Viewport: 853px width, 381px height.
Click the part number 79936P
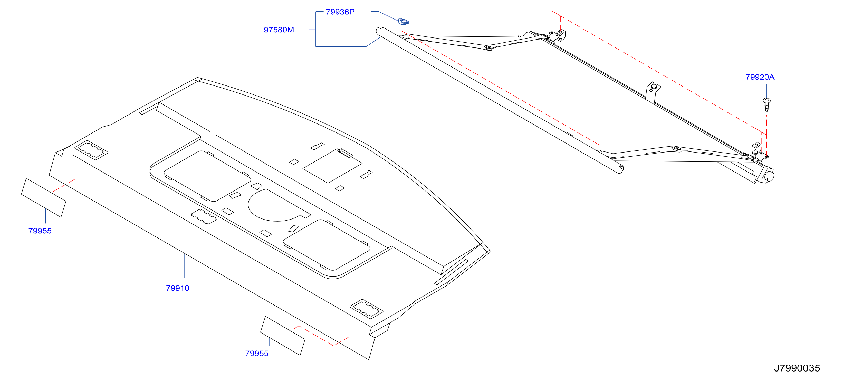340,12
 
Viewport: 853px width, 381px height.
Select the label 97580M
279,30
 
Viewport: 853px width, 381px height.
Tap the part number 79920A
760,77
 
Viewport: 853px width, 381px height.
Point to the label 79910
177,288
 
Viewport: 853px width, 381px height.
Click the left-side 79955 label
40,231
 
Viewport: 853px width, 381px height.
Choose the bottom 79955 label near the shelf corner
257,354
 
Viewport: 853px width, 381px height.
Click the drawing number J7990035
797,368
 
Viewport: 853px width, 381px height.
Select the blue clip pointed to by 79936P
403,22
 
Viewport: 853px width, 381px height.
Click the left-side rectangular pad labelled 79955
43,198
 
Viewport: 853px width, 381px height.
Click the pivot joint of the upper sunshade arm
488,48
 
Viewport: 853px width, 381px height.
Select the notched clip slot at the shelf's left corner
91,150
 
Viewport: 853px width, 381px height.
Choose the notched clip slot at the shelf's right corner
367,309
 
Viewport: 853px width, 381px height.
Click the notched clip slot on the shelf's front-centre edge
204,217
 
